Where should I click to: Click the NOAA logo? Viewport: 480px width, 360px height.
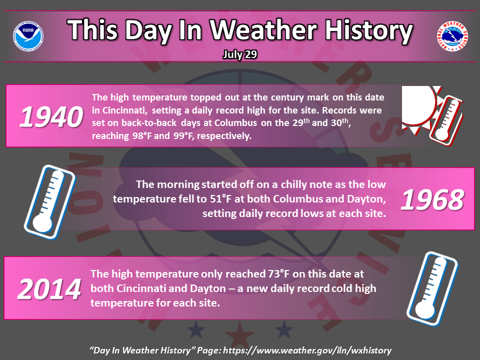[28, 36]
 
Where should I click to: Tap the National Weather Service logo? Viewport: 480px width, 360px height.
[452, 36]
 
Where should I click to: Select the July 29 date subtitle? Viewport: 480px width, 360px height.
[239, 54]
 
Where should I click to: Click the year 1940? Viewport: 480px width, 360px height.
[51, 116]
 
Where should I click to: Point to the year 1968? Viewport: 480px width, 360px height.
[432, 200]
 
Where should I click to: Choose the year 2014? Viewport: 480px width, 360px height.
[49, 289]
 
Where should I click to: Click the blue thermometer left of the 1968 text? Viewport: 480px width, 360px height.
[49, 202]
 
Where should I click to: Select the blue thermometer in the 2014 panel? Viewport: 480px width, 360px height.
[432, 288]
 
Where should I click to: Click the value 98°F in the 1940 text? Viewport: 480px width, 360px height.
[141, 136]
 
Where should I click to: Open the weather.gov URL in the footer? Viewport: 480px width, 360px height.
[307, 350]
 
